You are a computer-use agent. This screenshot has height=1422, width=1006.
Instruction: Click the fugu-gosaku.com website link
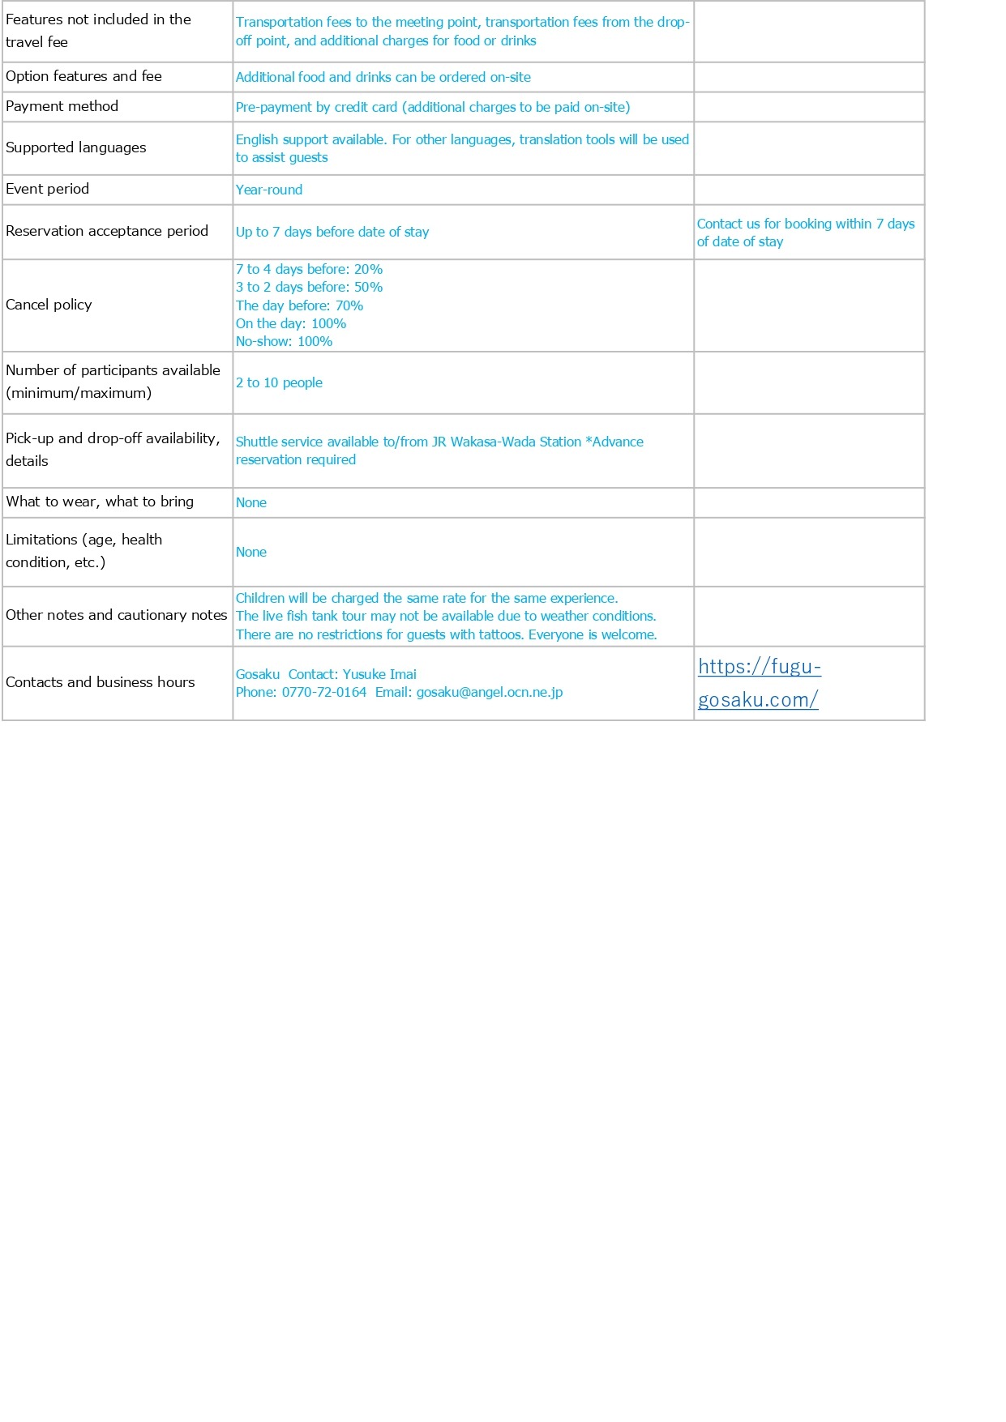click(x=759, y=683)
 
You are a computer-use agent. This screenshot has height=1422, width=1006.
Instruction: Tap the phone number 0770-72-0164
click(x=323, y=693)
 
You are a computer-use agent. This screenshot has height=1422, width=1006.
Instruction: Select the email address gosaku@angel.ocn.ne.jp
click(x=489, y=693)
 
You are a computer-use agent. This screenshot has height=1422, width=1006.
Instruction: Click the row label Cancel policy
click(x=49, y=305)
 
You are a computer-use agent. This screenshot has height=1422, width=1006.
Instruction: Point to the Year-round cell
click(x=269, y=190)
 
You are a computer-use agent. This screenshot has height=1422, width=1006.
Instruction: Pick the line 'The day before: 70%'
click(x=299, y=305)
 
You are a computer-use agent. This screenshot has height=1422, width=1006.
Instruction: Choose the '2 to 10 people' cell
click(x=279, y=382)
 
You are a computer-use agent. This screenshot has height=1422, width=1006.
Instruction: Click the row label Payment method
click(x=62, y=106)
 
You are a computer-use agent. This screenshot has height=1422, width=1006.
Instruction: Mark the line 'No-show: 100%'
click(x=284, y=341)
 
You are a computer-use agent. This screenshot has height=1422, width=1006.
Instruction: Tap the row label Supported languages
click(x=75, y=147)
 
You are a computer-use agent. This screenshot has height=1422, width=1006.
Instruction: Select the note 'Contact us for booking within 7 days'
click(x=805, y=224)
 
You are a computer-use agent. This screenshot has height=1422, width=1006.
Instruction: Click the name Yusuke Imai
click(x=379, y=674)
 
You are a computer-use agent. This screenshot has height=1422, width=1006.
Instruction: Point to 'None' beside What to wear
click(x=251, y=502)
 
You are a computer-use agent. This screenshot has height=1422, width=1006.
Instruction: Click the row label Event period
click(x=47, y=189)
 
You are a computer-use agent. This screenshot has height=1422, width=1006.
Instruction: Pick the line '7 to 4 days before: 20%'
click(x=309, y=269)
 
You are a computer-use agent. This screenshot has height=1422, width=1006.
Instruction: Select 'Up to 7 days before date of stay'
click(x=332, y=232)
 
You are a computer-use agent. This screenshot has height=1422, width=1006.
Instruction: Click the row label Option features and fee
click(x=83, y=76)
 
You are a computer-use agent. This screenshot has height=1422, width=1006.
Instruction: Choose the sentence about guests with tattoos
click(x=446, y=634)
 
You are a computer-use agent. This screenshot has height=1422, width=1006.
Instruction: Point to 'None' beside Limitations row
click(x=251, y=552)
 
